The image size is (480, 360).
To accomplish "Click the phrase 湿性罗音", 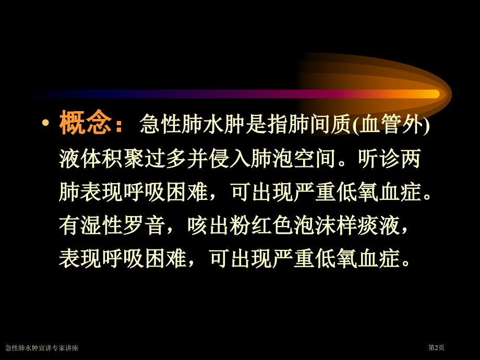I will (x=123, y=225).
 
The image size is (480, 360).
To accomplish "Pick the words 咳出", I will (x=208, y=225).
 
